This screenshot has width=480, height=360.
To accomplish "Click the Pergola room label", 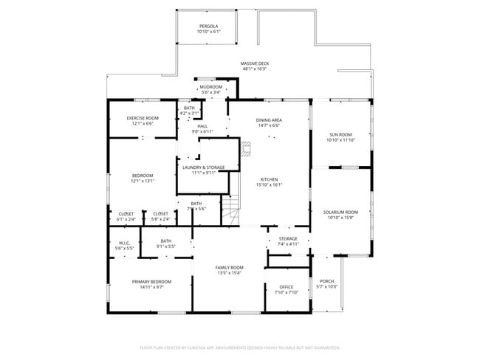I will pos(209,27).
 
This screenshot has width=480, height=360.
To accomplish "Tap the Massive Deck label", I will pos(255,63).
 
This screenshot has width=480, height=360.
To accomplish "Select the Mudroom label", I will pos(210,87).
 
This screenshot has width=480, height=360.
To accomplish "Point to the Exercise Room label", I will pos(143,118).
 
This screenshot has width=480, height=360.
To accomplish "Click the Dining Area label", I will pos(269,120).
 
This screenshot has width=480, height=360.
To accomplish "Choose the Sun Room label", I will pos(340,134).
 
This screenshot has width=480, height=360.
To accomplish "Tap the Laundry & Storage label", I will pos(203,167).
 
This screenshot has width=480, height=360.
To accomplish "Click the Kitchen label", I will pos(268,181).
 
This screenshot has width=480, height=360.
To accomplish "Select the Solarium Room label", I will pos(340,212).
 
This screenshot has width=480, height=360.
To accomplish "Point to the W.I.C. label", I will pos(124,243).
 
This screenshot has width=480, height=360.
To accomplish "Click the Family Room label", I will pos(230,267).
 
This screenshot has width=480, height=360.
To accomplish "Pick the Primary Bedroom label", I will pos(151,282).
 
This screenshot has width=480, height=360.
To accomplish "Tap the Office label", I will pos(287,287).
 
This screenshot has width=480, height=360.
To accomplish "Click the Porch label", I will pos(326,281).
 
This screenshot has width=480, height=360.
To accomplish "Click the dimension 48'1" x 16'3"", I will pos(255,69).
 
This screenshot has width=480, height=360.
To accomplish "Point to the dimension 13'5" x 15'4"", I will pos(230,273).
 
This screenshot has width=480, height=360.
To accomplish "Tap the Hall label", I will pos(202,126).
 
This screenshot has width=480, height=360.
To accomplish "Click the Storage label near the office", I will pos(287,239).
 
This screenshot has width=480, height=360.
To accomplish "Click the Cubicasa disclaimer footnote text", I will pos(239,347).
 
